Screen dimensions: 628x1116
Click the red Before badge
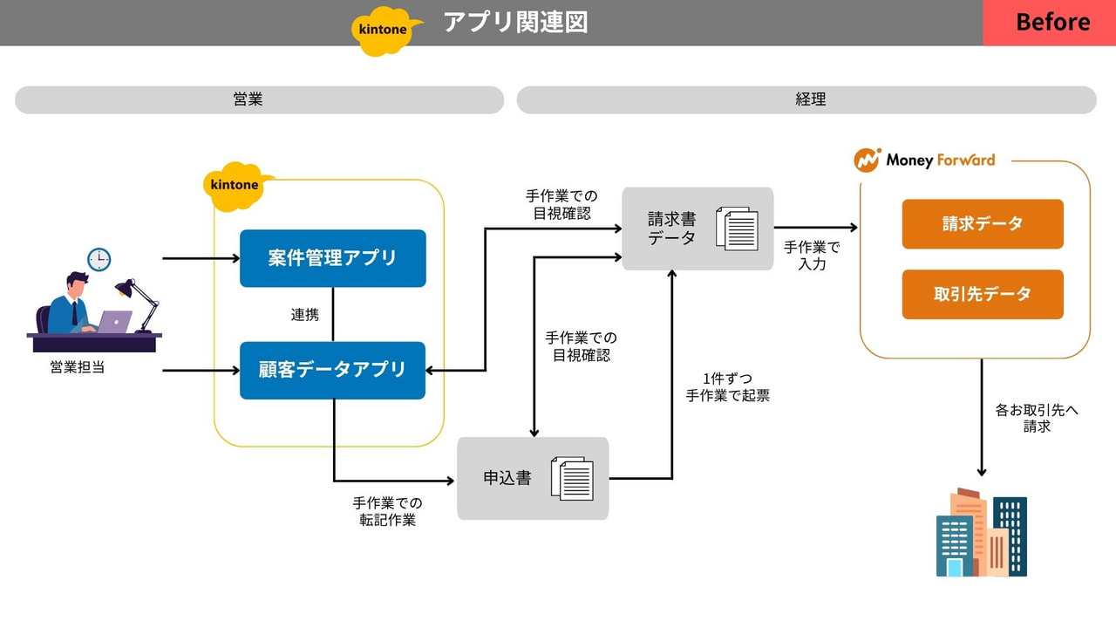(x=1049, y=23)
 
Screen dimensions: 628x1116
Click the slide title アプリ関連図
(x=515, y=23)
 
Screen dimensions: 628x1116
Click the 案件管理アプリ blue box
(x=332, y=258)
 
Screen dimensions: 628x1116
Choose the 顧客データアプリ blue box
(x=332, y=370)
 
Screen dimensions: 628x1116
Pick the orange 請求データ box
(x=983, y=224)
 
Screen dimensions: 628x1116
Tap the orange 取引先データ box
(x=983, y=294)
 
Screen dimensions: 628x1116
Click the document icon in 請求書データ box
(x=738, y=229)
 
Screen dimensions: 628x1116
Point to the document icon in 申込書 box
(x=573, y=479)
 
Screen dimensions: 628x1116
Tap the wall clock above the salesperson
(x=99, y=259)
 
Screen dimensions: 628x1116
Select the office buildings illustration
(x=982, y=533)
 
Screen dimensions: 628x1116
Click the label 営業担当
(x=78, y=367)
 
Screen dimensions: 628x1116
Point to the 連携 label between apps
(x=305, y=315)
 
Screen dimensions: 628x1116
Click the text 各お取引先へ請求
(x=1037, y=418)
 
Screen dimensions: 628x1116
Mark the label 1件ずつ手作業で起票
(x=728, y=387)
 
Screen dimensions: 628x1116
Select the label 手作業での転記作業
(x=388, y=512)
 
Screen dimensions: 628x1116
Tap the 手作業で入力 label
(x=812, y=256)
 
